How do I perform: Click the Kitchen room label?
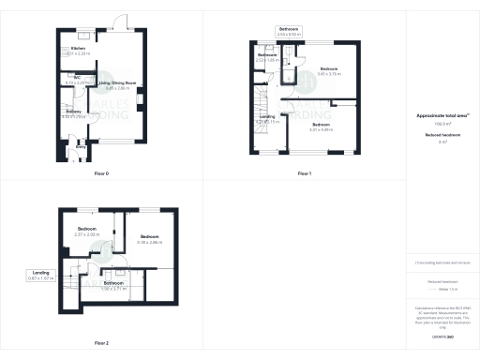point(79,47)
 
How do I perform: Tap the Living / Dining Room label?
point(118,83)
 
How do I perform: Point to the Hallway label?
point(74,112)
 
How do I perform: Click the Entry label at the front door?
point(81,146)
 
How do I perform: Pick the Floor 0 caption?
point(101,174)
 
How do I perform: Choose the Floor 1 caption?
point(304,174)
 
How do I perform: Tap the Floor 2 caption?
point(101,343)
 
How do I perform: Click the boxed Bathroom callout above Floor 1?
point(288,30)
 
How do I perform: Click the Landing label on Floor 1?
point(267,118)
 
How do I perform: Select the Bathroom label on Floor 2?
point(113,283)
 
